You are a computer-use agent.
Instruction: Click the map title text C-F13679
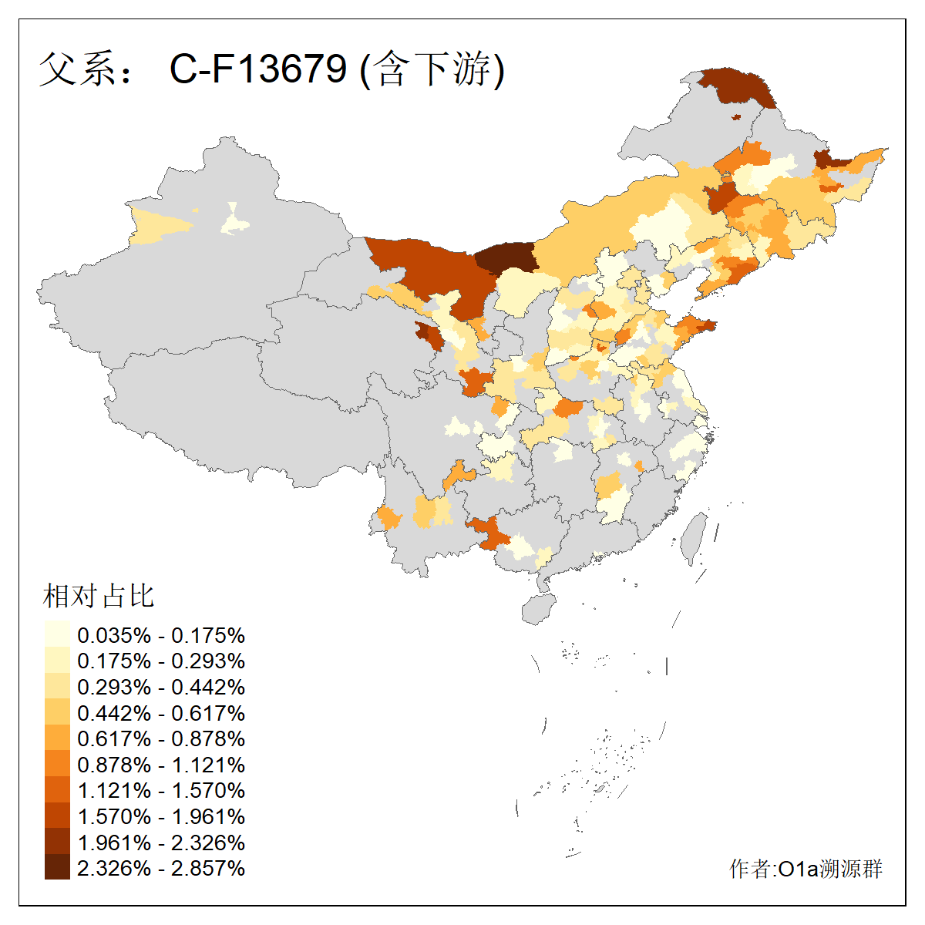pyautogui.click(x=258, y=69)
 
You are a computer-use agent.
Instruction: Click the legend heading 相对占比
pyautogui.click(x=99, y=596)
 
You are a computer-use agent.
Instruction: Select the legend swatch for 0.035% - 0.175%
pyautogui.click(x=57, y=634)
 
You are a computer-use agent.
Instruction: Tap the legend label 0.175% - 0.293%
pyautogui.click(x=161, y=661)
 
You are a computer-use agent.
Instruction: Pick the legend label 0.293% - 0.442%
pyautogui.click(x=161, y=687)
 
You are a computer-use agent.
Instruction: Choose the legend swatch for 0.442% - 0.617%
pyautogui.click(x=57, y=712)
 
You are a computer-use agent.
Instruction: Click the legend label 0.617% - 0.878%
pyautogui.click(x=161, y=738)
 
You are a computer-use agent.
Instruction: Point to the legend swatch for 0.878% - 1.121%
pyautogui.click(x=57, y=764)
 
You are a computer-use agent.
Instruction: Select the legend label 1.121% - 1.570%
pyautogui.click(x=161, y=790)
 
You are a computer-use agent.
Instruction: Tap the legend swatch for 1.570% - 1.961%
pyautogui.click(x=57, y=816)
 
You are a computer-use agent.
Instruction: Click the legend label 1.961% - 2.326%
pyautogui.click(x=161, y=842)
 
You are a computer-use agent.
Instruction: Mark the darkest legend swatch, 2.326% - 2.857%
pyautogui.click(x=57, y=867)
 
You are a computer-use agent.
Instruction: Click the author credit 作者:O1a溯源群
pyautogui.click(x=806, y=869)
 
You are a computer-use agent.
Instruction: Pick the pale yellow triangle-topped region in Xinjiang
pyautogui.click(x=234, y=222)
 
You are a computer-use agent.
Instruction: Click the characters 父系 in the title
pyautogui.click(x=76, y=69)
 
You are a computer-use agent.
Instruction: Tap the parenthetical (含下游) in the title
pyautogui.click(x=432, y=69)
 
